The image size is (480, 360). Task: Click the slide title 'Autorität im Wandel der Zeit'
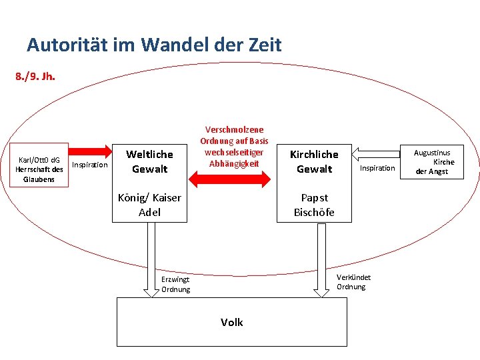point(154,45)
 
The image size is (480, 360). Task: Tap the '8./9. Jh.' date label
point(35,76)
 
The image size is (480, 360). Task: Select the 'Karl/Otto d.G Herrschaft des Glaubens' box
point(39,169)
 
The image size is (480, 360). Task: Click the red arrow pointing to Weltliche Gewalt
point(91,150)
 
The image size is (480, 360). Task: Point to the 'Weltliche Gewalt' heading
point(149,161)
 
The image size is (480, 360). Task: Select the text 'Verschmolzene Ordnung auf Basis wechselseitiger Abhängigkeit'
point(234,147)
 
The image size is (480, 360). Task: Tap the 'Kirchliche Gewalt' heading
point(314,161)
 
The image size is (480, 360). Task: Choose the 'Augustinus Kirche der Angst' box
point(434,162)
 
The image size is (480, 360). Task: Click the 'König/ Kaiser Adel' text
point(149,205)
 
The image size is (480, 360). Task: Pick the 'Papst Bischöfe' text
point(314,205)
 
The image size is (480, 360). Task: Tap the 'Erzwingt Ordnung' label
point(176,284)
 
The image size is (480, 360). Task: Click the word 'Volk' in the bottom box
point(232,323)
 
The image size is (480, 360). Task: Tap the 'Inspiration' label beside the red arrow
point(89,165)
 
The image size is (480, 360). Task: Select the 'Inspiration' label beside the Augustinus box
point(377,168)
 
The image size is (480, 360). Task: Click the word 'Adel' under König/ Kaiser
point(149,213)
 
